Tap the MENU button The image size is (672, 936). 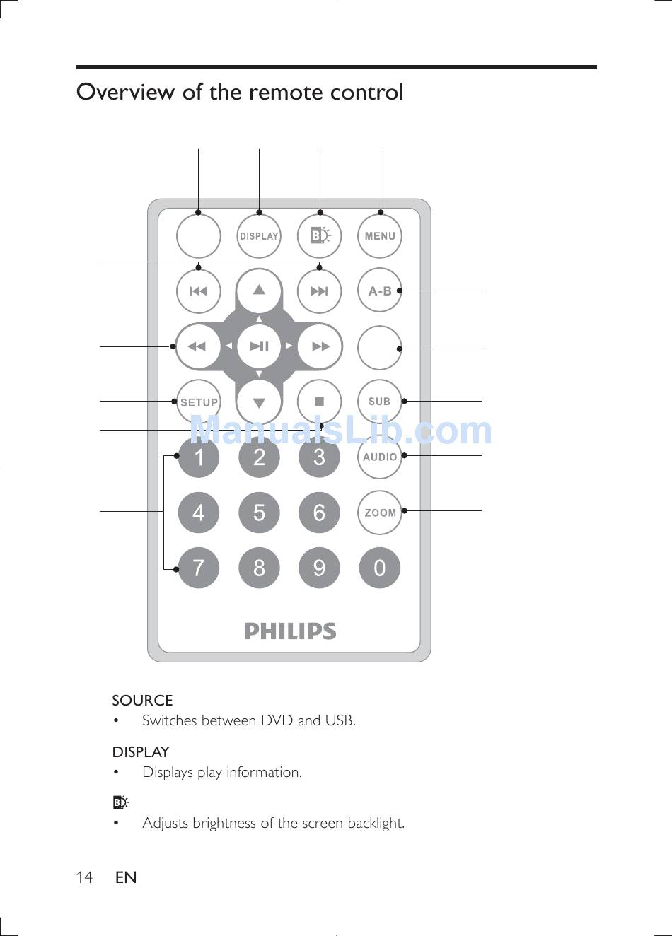coord(380,236)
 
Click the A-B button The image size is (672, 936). coord(380,291)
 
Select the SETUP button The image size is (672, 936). coord(199,402)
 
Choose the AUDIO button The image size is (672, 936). coord(380,457)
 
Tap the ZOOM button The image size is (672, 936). coord(380,513)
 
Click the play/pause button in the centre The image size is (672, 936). coord(259,346)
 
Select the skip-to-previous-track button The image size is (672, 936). coord(199,291)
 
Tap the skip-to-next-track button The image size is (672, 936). coord(320,291)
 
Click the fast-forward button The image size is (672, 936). coord(320,346)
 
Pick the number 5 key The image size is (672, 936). coord(259,513)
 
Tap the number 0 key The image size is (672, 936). coord(380,568)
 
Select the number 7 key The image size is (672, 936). coord(199,568)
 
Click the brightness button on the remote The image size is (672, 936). coord(320,236)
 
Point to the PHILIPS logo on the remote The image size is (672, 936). coord(290,631)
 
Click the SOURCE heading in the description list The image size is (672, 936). coord(142,700)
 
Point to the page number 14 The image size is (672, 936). coord(84,877)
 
